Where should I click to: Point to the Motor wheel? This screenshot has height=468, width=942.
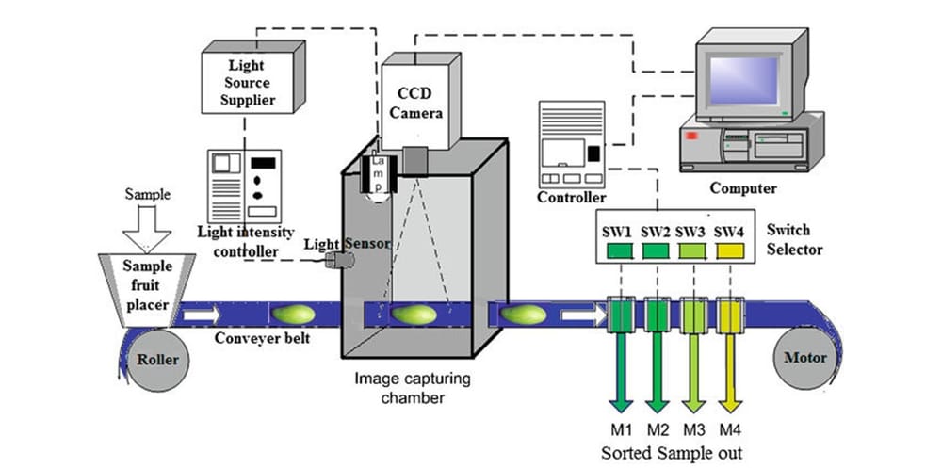coord(803,358)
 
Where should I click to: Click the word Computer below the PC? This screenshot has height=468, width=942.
coord(742,188)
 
